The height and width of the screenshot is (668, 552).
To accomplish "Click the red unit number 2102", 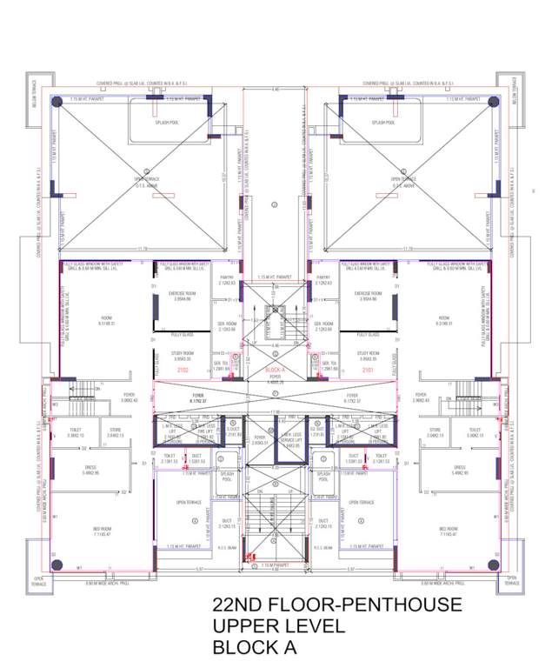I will coord(183,371).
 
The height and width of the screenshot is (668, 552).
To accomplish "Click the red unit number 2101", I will coord(368,371).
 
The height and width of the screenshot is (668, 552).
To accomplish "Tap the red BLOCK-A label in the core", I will coord(276,371).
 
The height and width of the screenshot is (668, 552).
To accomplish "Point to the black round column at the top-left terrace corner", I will coord(55,101).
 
